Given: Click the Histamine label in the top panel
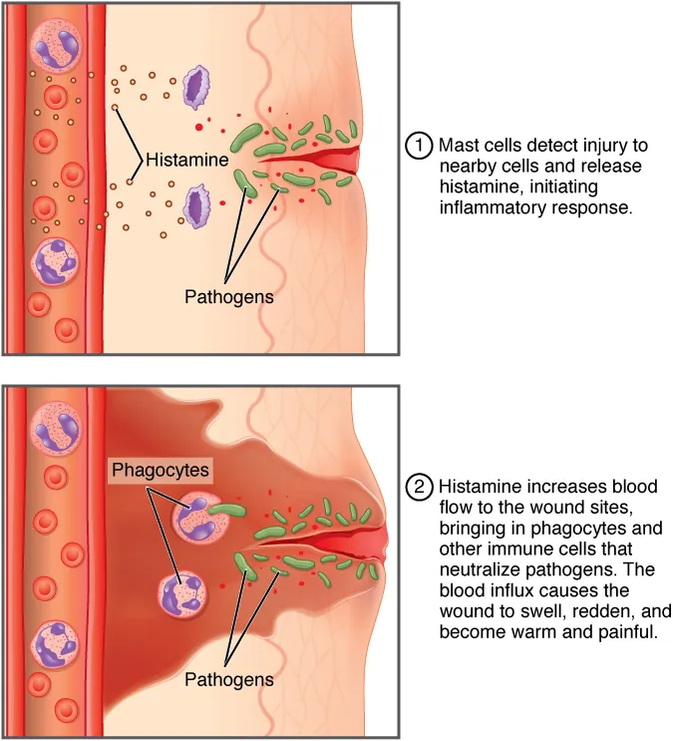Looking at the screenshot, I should [187, 160].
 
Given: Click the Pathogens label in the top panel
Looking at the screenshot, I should [228, 296].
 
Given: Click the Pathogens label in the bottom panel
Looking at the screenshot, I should [228, 678].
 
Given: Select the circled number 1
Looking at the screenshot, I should [419, 145].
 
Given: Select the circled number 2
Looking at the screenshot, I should [419, 488].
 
